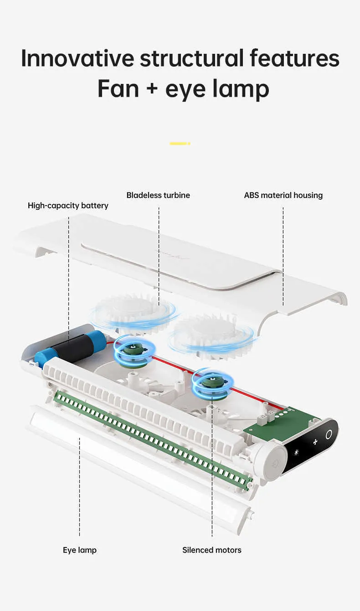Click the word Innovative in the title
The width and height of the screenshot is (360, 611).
[77, 58]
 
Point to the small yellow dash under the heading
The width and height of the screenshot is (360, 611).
[180, 144]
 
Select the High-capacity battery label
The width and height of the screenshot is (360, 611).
[68, 206]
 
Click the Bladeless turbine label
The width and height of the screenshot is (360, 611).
[158, 195]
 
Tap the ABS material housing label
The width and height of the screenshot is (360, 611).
[283, 195]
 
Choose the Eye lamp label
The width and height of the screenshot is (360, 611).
[80, 550]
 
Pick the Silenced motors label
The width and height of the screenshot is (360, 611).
[212, 550]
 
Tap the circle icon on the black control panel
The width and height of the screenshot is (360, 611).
[328, 435]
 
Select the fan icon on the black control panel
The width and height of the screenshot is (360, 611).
[314, 442]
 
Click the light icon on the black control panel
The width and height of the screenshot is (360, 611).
[296, 452]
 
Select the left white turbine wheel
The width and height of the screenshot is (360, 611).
[132, 310]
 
